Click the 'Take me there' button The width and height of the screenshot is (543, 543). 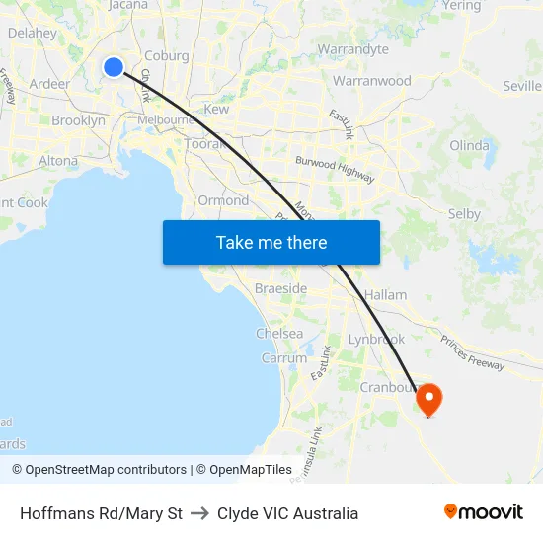(271, 242)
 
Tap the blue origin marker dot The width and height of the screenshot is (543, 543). (114, 67)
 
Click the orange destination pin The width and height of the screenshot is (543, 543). (429, 400)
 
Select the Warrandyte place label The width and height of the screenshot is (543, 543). (353, 49)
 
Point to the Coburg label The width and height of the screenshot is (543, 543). (167, 56)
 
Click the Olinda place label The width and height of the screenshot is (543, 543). (469, 145)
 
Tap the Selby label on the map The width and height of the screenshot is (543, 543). (464, 213)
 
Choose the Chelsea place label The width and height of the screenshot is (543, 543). (279, 334)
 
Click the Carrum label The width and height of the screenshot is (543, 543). (284, 358)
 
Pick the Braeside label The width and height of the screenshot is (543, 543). (281, 288)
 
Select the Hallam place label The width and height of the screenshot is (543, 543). (385, 295)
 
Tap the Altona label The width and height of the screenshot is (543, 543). (57, 160)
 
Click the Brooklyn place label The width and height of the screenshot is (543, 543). (78, 120)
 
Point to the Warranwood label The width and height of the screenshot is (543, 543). (372, 81)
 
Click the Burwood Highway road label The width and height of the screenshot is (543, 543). (335, 169)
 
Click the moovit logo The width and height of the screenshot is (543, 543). (484, 512)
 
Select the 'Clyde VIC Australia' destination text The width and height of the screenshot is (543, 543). (287, 513)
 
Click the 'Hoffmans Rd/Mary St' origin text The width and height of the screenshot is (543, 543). (101, 513)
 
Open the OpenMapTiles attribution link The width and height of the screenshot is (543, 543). (244, 470)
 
